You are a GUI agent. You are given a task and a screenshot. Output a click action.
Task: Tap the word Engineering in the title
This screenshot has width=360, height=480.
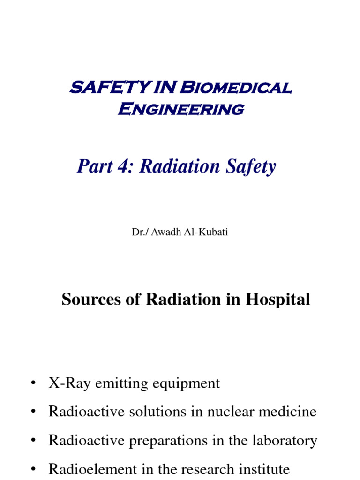pos(181,109)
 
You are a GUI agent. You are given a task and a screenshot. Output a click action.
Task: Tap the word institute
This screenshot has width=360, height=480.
pos(264,469)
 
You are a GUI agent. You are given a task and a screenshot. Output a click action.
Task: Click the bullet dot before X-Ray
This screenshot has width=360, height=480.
pos(33,384)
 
